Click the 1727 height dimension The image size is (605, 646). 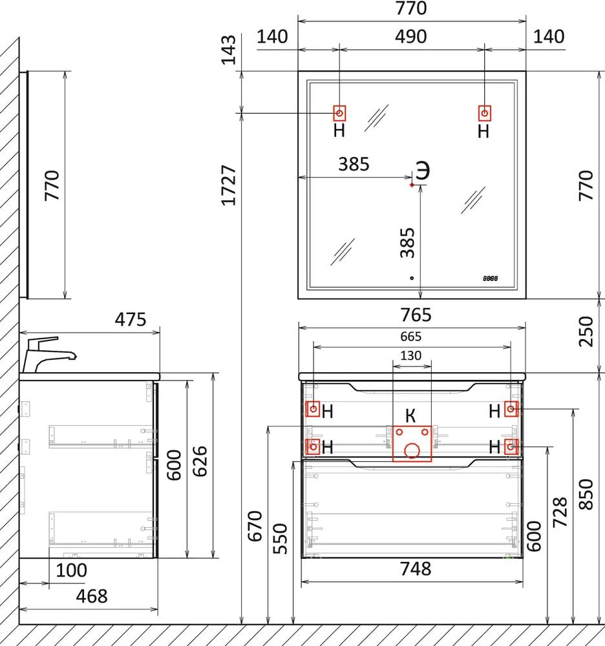pyautogui.click(x=229, y=185)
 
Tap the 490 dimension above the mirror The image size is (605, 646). pyautogui.click(x=411, y=37)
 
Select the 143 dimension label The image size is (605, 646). pyautogui.click(x=229, y=50)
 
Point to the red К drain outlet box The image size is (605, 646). pyautogui.click(x=412, y=444)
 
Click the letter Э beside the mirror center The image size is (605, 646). pyautogui.click(x=423, y=170)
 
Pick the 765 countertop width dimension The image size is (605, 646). pyautogui.click(x=416, y=315)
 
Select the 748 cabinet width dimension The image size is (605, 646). pyautogui.click(x=416, y=569)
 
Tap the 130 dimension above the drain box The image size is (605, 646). pyautogui.click(x=411, y=355)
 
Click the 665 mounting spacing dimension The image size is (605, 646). pyautogui.click(x=411, y=337)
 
